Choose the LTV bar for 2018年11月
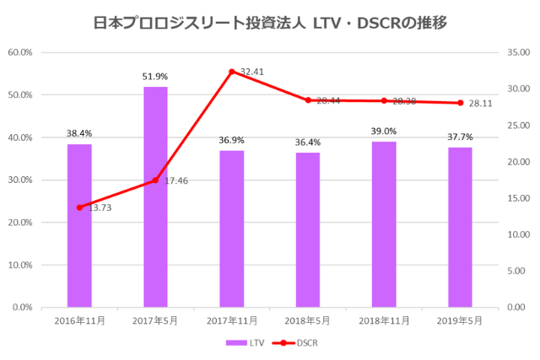[x=384, y=224]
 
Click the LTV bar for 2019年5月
[x=460, y=227]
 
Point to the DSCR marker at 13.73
[x=79, y=207]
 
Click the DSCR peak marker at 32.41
[x=231, y=72]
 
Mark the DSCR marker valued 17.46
[x=155, y=180]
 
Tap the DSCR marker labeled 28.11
[x=460, y=103]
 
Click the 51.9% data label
[x=155, y=77]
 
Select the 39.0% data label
[x=384, y=132]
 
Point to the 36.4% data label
[x=308, y=142]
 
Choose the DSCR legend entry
[x=295, y=343]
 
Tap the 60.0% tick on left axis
[x=20, y=52]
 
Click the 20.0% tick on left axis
[x=20, y=223]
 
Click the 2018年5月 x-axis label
[x=308, y=321]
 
